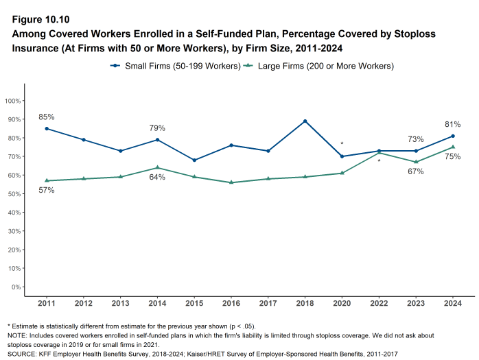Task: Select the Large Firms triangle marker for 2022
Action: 379,153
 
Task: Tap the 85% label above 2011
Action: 47,117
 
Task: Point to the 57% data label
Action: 47,190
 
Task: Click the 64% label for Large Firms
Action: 158,178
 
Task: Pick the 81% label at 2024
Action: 452,124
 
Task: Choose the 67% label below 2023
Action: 415,171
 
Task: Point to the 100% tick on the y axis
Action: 12,101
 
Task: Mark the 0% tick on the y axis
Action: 15,287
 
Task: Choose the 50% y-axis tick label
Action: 13,194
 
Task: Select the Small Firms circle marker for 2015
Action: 194,160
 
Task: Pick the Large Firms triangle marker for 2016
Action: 231,182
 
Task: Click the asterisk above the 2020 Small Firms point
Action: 342,144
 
